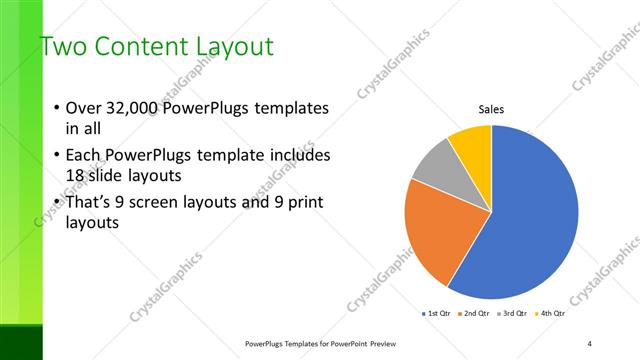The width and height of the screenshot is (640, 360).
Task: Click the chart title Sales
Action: coord(491,109)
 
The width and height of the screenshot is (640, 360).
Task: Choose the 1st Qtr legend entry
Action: coord(438,314)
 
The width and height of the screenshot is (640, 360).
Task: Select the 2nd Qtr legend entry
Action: coord(474,314)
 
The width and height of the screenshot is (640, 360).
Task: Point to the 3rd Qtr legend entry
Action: coord(511,314)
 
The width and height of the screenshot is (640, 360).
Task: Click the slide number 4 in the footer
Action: coord(590,343)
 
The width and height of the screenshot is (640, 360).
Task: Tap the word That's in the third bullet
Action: coord(92,203)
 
